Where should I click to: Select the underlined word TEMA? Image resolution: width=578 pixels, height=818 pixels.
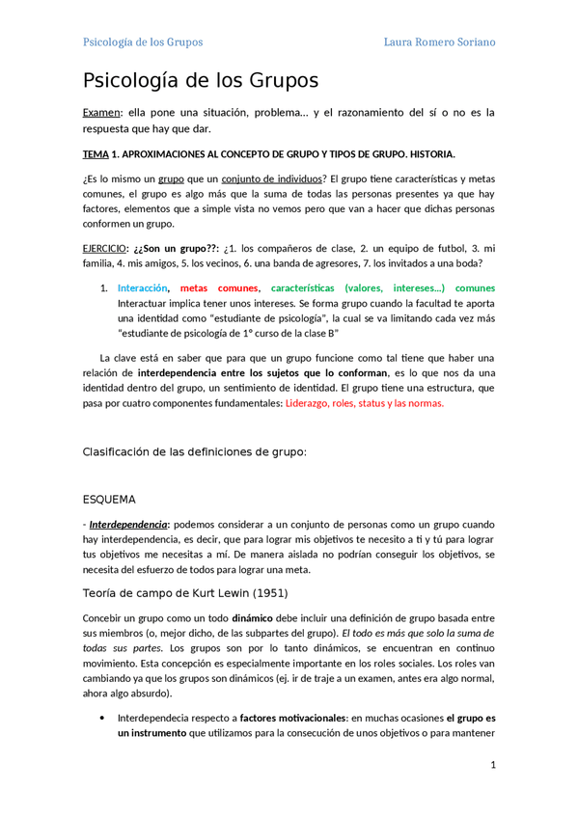point(96,154)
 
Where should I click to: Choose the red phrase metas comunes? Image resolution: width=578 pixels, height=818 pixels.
point(219,287)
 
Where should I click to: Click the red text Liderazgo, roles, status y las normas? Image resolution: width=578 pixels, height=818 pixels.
point(365,403)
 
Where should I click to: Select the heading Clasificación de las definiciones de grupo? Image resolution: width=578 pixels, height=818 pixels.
point(195,451)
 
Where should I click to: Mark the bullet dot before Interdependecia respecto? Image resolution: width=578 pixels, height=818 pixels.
point(102,718)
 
